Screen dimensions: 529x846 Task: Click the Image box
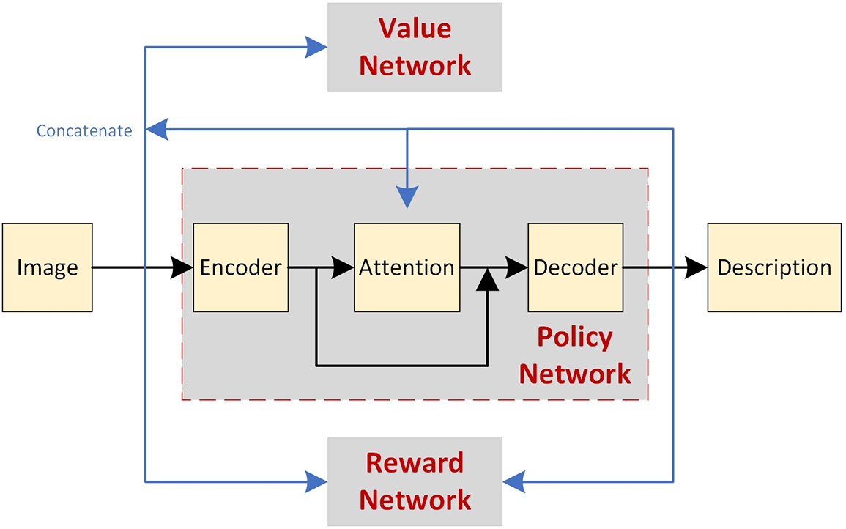tap(47, 267)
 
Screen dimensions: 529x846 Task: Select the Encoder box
tap(240, 267)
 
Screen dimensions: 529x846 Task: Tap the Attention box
tap(407, 267)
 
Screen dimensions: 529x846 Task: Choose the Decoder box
tap(575, 267)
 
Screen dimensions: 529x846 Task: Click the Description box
tap(774, 267)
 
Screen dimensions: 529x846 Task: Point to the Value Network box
tap(415, 47)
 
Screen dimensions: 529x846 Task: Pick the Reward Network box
tap(415, 481)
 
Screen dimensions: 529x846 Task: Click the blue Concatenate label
tap(84, 131)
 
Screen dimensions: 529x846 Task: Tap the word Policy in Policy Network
tap(574, 337)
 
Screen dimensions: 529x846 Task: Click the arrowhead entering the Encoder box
tap(182, 267)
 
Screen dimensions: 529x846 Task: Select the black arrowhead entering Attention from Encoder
tap(343, 267)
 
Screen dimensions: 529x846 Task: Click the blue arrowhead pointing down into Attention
tap(407, 196)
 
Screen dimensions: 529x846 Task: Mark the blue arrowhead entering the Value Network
tap(316, 47)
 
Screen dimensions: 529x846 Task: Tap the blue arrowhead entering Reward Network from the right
tap(514, 481)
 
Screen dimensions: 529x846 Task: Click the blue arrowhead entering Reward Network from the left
tap(316, 481)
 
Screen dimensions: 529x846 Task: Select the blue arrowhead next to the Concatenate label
tap(157, 130)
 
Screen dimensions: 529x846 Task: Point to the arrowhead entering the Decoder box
tap(516, 267)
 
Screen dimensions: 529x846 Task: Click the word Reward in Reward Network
tap(415, 463)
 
